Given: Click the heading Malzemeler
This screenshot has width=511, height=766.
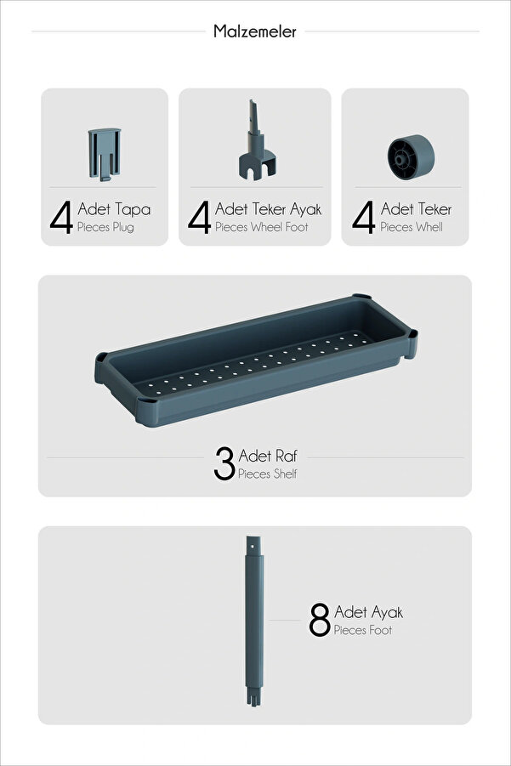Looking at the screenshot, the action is point(254,31).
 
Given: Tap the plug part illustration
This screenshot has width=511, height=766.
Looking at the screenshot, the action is point(105,155).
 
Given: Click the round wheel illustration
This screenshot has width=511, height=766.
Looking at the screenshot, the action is point(411,157).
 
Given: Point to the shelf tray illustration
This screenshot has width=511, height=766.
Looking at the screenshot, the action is point(257,360).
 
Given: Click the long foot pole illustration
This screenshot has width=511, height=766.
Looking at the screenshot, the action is point(254,621).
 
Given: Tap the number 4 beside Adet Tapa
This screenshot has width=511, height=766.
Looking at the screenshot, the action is point(61,217).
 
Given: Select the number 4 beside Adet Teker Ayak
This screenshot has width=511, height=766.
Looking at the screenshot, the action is point(199,217).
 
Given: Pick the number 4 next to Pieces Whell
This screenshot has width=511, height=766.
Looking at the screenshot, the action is point(364,217).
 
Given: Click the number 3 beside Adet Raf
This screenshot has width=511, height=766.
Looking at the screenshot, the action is point(224,463).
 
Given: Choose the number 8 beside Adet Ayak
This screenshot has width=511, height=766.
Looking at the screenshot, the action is point(320,620).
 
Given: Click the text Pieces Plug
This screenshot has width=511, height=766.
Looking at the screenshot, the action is point(105,228).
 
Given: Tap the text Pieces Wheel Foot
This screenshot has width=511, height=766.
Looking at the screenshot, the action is point(261,227).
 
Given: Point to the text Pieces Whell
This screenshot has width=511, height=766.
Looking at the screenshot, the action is point(412,227).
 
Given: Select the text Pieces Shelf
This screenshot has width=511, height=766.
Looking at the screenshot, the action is point(267,474).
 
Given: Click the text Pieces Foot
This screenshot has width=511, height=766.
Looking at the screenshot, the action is point(363,630).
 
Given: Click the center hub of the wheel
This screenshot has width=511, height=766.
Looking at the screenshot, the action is point(400,159).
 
